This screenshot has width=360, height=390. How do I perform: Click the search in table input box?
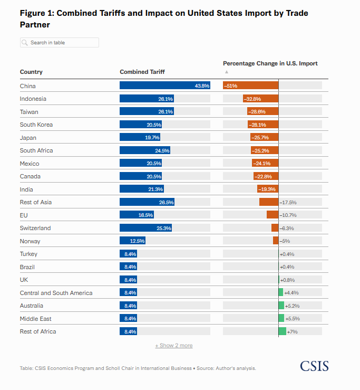[x=60, y=43]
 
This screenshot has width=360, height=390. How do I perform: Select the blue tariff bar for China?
[x=165, y=85]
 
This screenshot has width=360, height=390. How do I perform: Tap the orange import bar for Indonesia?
[x=260, y=99]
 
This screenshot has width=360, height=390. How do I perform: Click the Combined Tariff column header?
[x=142, y=72]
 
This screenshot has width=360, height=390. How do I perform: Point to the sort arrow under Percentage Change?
[x=226, y=72]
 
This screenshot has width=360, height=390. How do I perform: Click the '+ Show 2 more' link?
[x=174, y=345]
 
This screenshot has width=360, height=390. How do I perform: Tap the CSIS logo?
[x=314, y=366]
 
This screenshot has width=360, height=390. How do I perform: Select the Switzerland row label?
[x=35, y=228]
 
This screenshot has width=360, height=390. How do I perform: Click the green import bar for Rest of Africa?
[x=283, y=331]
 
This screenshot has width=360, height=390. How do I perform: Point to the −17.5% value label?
[x=288, y=203]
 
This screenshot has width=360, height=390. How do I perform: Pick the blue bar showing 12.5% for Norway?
[x=132, y=241]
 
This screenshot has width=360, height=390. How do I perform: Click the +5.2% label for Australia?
[x=292, y=306]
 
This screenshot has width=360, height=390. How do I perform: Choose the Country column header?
[x=31, y=72]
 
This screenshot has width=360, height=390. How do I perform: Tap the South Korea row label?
[x=36, y=125]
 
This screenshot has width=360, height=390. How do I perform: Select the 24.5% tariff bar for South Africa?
[x=145, y=150]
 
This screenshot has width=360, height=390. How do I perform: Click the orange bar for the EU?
[x=273, y=215]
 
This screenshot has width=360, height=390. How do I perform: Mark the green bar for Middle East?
[x=281, y=318]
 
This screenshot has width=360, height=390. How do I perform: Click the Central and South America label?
[x=56, y=293]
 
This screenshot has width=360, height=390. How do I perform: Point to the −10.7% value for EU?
[x=288, y=215]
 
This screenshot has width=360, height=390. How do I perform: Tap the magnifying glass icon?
[x=25, y=43]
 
